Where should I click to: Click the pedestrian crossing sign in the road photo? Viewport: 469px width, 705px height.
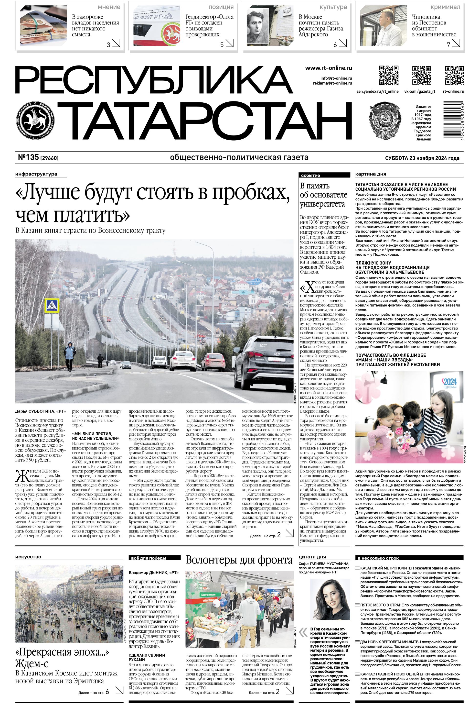(x=52, y=306)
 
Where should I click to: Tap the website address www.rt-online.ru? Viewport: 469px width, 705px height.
(x=328, y=68)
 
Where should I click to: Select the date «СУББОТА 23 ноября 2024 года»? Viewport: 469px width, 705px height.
(x=422, y=158)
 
